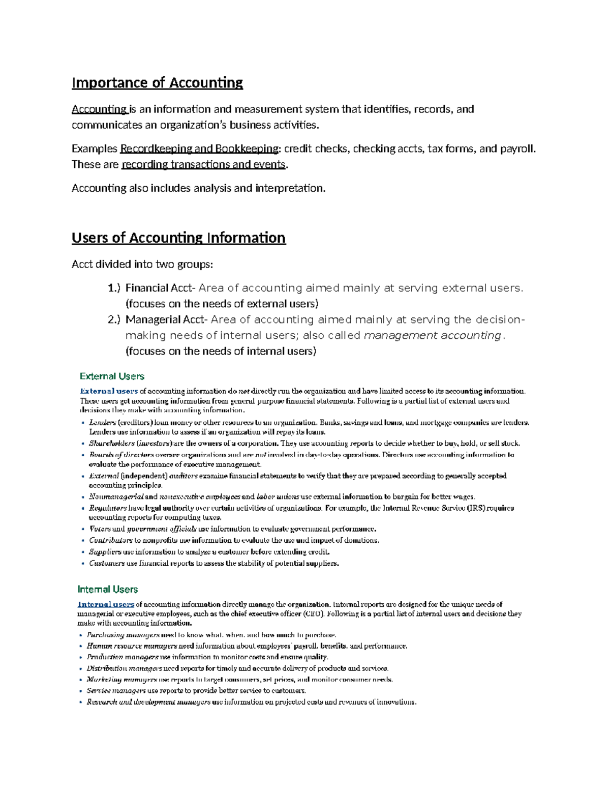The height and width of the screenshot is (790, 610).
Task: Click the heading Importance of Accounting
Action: pos(157,82)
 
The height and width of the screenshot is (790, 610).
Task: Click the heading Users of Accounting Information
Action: pos(178,238)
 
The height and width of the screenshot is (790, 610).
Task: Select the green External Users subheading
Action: pos(112,376)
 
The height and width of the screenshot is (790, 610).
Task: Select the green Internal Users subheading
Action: pos(108,589)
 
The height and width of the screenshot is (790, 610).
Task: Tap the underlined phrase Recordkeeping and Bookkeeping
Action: pos(199,149)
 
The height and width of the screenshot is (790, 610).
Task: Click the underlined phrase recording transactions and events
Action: pos(204,164)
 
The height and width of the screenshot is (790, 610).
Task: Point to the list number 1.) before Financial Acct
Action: pos(114,288)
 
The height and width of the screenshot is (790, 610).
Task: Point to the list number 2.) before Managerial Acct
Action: pos(114,319)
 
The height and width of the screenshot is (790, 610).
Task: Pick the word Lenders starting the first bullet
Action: pos(102,422)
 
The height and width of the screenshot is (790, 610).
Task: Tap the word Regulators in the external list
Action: pos(108,508)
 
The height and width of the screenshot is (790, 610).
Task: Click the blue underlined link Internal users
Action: pos(106,604)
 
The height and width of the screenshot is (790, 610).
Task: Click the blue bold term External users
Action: pos(109,391)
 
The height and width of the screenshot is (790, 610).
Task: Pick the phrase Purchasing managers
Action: pos(123,635)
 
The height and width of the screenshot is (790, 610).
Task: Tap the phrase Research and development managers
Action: pos(148,702)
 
